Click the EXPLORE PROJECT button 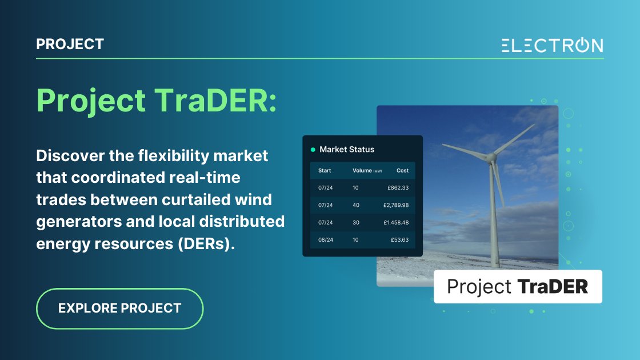tap(120, 309)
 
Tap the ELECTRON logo tap(552, 45)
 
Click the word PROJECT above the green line tap(70, 44)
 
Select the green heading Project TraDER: tap(156, 101)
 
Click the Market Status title tap(347, 150)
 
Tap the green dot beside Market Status tap(313, 150)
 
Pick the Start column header tap(325, 170)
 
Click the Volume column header tap(362, 170)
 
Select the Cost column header tap(402, 170)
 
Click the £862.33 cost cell tap(398, 187)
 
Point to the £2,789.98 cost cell tap(394, 205)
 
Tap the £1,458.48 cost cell tap(394, 222)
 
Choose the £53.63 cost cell tap(399, 239)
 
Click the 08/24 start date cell tap(325, 239)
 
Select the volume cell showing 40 tap(355, 205)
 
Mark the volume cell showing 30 tap(355, 222)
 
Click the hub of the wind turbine tap(489, 155)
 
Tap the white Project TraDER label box tap(517, 286)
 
